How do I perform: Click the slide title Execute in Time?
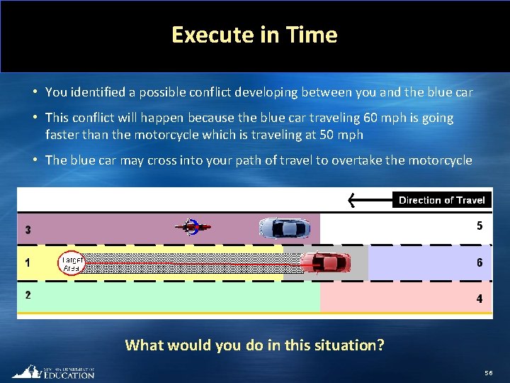(x=254, y=35)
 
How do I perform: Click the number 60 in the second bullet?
(x=370, y=118)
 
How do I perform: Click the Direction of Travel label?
(x=441, y=200)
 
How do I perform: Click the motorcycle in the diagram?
(x=192, y=227)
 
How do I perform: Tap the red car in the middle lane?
(x=326, y=262)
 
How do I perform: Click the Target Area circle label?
(x=72, y=263)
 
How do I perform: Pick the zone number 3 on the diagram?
(x=28, y=230)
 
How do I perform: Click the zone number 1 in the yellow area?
(x=28, y=262)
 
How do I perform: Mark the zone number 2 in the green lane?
(x=28, y=295)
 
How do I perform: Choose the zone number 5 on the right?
(x=480, y=226)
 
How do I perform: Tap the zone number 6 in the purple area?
(x=480, y=262)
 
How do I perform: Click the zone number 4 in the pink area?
(x=480, y=299)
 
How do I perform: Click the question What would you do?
(x=254, y=345)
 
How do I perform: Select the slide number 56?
(x=488, y=373)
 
